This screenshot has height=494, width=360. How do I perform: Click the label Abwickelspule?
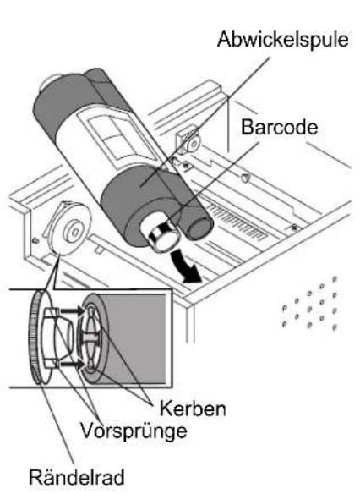pos(282,40)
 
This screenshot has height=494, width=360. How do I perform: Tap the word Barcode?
pos(279,127)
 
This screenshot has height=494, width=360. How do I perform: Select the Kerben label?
pos(193,409)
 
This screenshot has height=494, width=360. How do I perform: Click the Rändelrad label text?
pos(77,477)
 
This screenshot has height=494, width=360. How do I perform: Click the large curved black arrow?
pos(186,266)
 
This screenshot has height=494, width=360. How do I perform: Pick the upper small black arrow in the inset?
pos(72,311)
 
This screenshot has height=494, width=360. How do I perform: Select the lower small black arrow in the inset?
pos(72,365)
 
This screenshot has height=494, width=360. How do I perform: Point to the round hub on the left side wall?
pos(72,229)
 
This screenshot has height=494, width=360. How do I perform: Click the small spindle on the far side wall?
pos(191,143)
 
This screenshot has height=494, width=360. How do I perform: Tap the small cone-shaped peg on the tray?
pos(244,178)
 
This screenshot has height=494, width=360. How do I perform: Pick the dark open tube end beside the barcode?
pos(199,227)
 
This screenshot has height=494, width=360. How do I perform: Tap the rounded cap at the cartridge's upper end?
pos(51,83)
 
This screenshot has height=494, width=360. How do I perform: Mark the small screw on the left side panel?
pos(35,241)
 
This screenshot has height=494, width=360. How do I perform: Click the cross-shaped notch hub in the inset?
pos(90,338)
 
